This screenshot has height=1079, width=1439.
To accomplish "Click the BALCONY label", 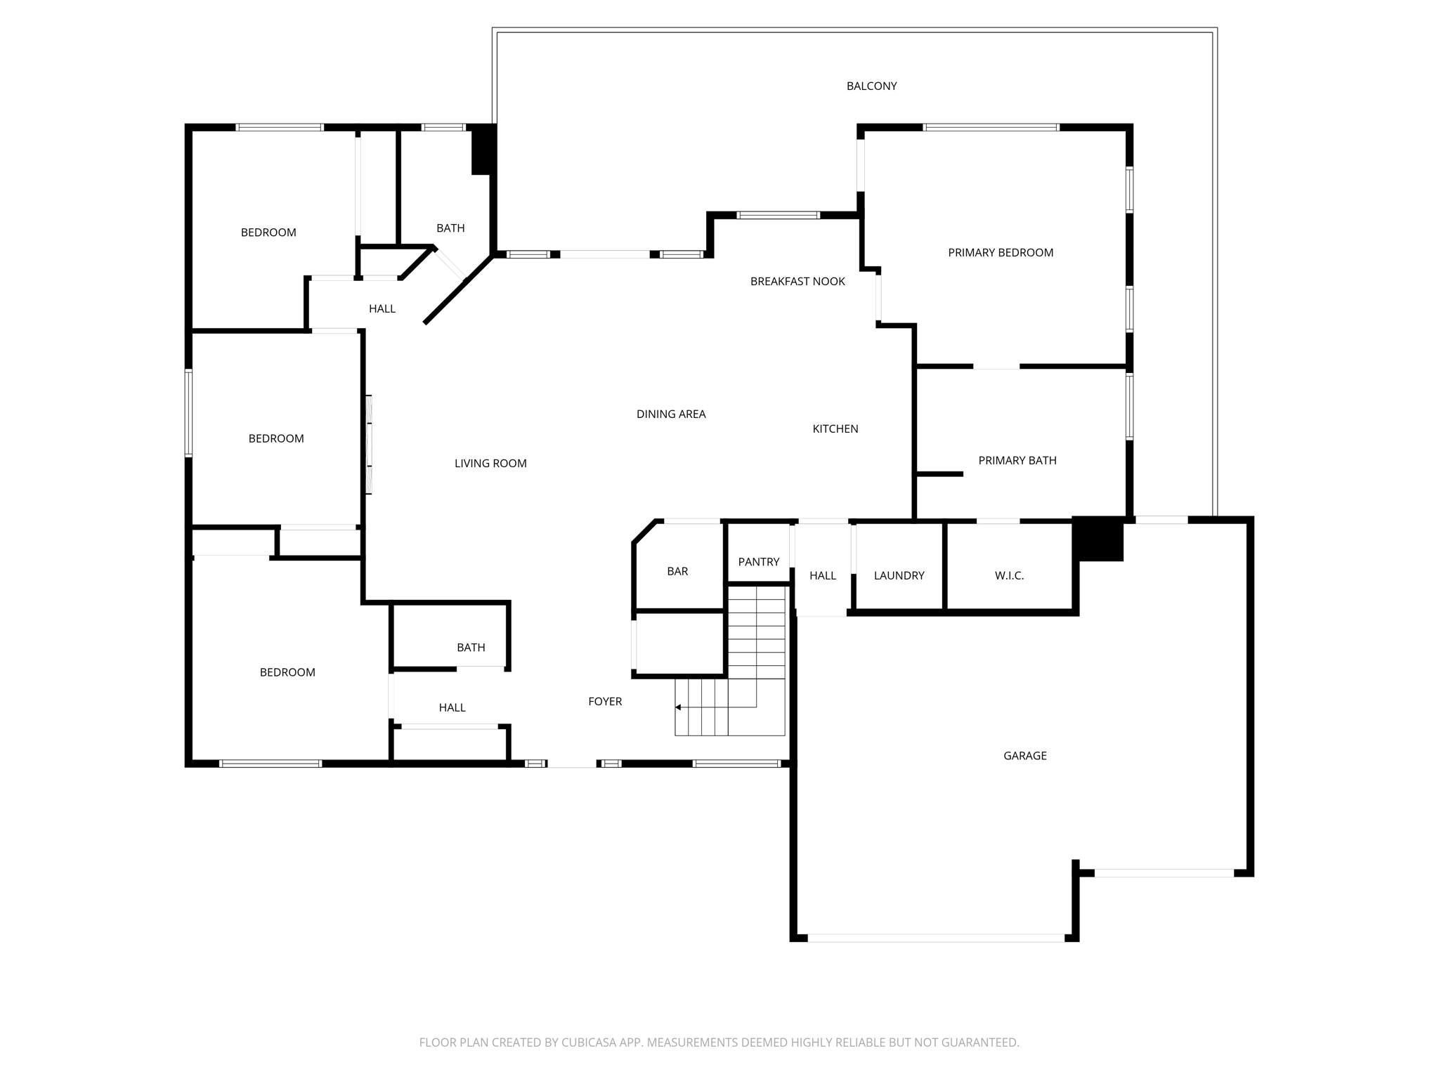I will click(871, 86).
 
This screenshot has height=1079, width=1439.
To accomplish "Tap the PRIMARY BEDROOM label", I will click(1000, 253).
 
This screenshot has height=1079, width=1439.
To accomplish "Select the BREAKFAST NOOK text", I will click(797, 282).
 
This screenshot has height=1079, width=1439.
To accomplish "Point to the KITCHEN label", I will click(835, 429).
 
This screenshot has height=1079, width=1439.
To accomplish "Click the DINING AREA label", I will click(670, 414).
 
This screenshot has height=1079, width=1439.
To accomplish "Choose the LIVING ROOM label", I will click(490, 464).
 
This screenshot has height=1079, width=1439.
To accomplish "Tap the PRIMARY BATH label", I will click(1017, 461).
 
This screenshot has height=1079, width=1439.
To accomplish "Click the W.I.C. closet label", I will click(1009, 576).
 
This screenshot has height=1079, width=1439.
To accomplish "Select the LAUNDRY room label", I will click(899, 576).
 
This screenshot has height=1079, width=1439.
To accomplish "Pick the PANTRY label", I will click(758, 562).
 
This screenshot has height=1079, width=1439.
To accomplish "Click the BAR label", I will click(677, 572).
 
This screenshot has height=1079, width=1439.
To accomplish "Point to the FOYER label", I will click(605, 702).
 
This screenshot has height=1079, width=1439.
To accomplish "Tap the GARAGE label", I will click(1024, 756).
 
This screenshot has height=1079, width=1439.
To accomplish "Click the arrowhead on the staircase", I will click(678, 707).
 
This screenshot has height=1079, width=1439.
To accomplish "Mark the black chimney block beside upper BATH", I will click(483, 150).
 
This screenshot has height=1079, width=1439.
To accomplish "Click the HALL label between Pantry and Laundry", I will click(822, 576).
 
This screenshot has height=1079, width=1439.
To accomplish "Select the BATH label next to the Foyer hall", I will click(471, 648).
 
